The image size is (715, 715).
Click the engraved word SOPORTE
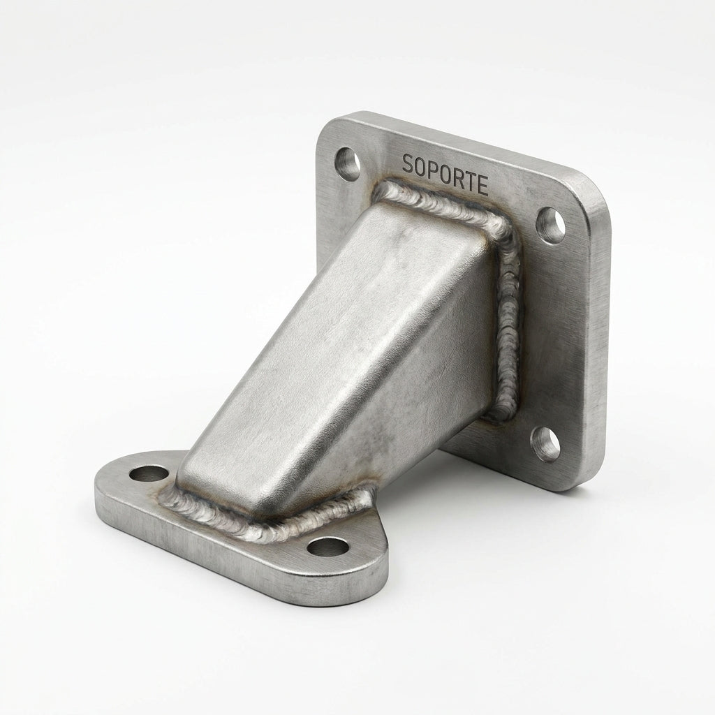coord(445,174)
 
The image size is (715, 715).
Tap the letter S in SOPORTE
coord(407,163)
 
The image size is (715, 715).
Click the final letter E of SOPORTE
coord(482,184)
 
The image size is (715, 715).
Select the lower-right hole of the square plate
coord(546,443)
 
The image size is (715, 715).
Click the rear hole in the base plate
coord(149,473)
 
